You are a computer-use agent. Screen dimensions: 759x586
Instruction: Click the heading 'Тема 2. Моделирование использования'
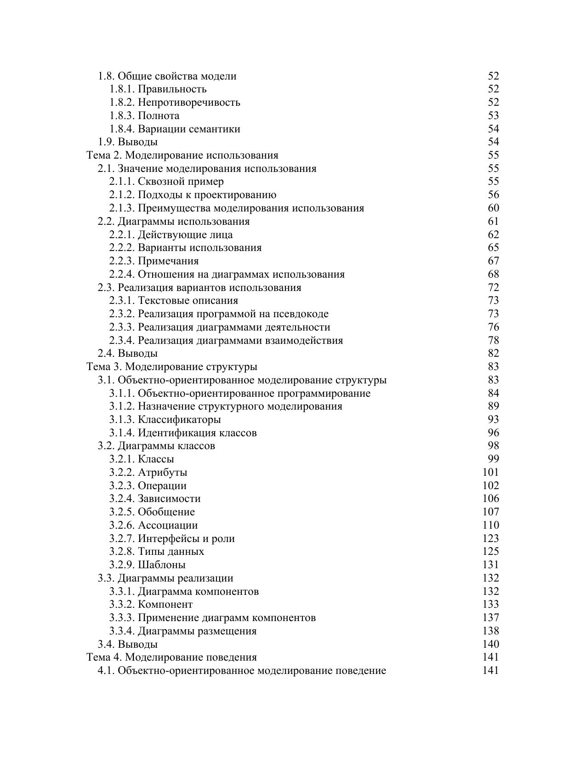pos(182,155)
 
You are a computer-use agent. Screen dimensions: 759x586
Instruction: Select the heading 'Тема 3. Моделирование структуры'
pos(172,367)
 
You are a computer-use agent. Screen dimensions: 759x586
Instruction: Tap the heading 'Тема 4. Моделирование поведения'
pos(172,657)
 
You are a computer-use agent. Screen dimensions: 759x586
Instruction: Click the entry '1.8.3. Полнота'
pos(144,116)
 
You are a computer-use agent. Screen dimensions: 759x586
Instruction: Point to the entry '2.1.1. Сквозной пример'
pos(166,182)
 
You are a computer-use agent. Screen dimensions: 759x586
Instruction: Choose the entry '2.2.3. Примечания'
pos(154,261)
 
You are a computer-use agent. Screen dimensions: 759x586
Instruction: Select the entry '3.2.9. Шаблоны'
pos(148,565)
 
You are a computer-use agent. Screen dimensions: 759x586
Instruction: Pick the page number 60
pos(493,208)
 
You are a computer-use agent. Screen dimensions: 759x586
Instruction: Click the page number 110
pos(491,525)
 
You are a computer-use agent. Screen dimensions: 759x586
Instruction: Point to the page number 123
pos(491,539)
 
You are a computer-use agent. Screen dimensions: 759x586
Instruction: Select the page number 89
pos(493,406)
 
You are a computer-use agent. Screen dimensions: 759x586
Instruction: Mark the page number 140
pos(491,645)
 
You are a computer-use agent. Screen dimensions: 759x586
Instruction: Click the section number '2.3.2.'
pos(122,314)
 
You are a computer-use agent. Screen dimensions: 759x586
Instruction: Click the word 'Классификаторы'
pos(179,420)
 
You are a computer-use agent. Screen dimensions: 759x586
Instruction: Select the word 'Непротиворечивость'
pos(189,103)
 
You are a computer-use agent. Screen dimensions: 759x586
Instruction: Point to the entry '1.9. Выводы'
pos(128,142)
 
